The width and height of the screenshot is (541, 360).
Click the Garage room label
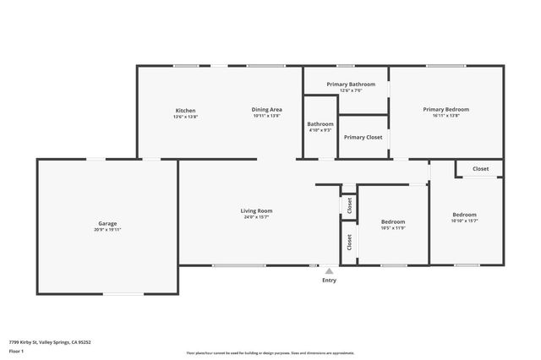(107, 223)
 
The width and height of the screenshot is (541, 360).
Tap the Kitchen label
(185, 111)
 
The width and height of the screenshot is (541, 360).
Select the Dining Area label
(266, 110)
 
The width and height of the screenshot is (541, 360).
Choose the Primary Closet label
(363, 137)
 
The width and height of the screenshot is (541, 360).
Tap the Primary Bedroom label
(445, 109)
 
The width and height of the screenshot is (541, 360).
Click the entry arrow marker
(329, 271)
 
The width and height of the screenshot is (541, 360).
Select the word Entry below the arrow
(329, 281)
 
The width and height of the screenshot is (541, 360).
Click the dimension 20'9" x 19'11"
(107, 229)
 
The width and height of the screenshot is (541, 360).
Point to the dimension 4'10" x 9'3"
(320, 130)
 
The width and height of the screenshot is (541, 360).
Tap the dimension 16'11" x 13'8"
(445, 115)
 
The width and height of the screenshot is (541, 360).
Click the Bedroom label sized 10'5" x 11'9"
(393, 221)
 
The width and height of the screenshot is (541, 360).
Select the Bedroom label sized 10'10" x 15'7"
(464, 215)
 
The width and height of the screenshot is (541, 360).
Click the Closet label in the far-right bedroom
(480, 169)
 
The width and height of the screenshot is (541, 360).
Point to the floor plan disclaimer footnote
(270, 353)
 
